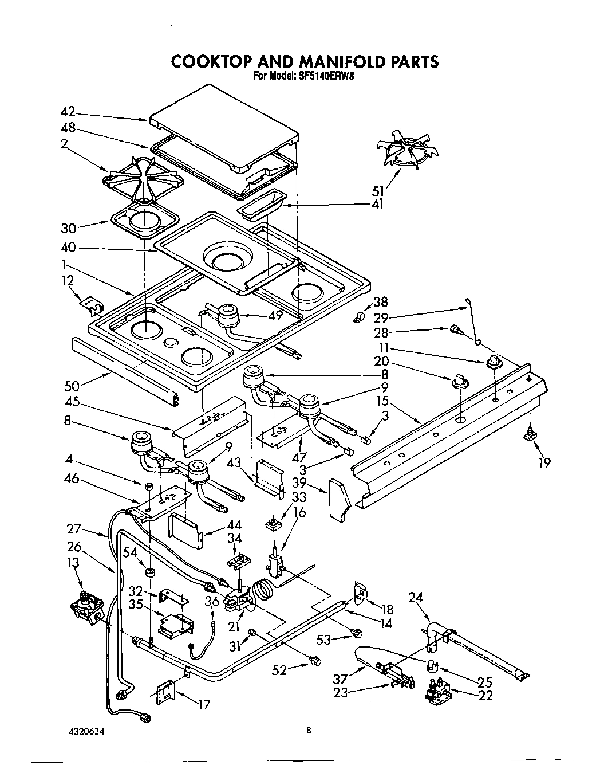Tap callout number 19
(x=544, y=461)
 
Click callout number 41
(x=378, y=204)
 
